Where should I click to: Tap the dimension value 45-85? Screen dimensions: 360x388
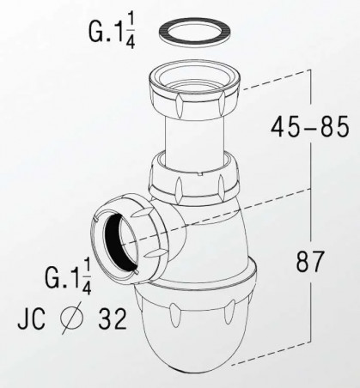coord(310,126)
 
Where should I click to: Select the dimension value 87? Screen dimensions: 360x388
coord(310,261)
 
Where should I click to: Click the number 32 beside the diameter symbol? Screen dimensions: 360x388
coord(113,319)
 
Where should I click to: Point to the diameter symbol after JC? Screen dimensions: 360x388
coord(71,318)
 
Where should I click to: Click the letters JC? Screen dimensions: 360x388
coord(32,319)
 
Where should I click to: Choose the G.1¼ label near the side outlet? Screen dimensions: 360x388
coord(68,276)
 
